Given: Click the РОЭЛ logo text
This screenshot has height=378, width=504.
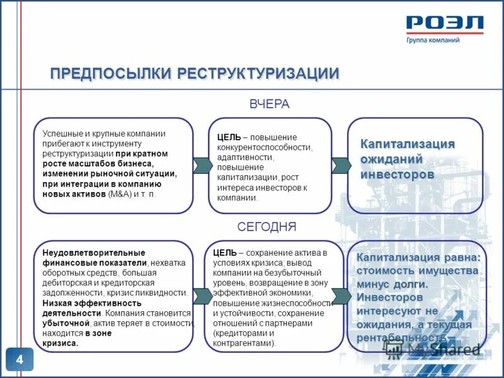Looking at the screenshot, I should (x=445, y=24).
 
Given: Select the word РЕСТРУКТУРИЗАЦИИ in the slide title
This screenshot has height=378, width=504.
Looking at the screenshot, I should (x=258, y=74).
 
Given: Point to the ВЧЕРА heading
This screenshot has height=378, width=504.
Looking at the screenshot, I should (x=269, y=105).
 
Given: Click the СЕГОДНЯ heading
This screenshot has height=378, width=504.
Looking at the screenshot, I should (x=266, y=227).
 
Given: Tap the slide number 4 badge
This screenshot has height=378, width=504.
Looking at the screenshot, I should (x=20, y=360).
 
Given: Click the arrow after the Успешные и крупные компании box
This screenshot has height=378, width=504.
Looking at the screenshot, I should (x=202, y=165).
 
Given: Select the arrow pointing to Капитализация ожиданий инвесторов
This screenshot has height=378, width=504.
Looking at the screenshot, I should (x=341, y=165).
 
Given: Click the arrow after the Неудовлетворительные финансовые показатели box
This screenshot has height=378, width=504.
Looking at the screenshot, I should (x=202, y=295).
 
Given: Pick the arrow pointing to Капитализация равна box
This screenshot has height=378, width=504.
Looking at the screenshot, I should (x=341, y=295).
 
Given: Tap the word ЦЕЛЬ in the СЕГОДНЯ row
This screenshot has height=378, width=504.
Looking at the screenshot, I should (x=224, y=253).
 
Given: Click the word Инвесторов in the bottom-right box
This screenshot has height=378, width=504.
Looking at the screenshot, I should (x=390, y=297).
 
